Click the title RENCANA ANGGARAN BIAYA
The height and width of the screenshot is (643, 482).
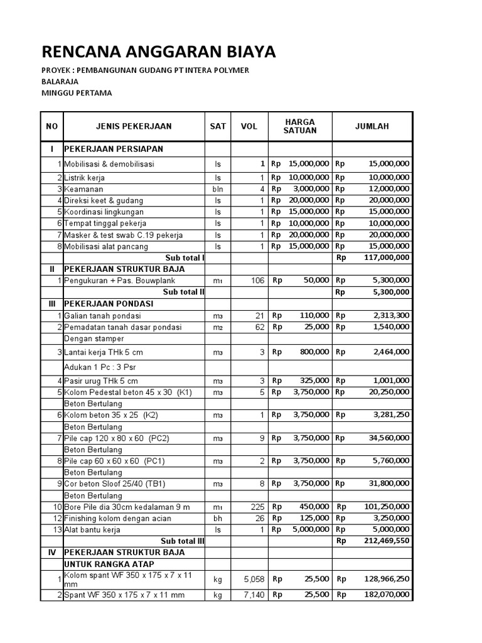click(158, 51)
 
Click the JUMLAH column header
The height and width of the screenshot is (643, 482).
click(372, 126)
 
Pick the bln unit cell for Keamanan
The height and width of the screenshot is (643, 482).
click(218, 189)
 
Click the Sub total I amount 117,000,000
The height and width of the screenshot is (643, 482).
click(386, 257)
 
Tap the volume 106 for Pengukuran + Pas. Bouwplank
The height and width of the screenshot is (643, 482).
click(257, 281)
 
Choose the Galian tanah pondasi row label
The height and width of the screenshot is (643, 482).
click(102, 315)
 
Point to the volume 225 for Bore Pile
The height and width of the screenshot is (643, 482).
click(257, 507)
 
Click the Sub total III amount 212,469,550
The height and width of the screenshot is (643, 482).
click(386, 541)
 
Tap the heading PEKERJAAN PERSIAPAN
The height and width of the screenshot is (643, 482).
click(114, 149)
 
